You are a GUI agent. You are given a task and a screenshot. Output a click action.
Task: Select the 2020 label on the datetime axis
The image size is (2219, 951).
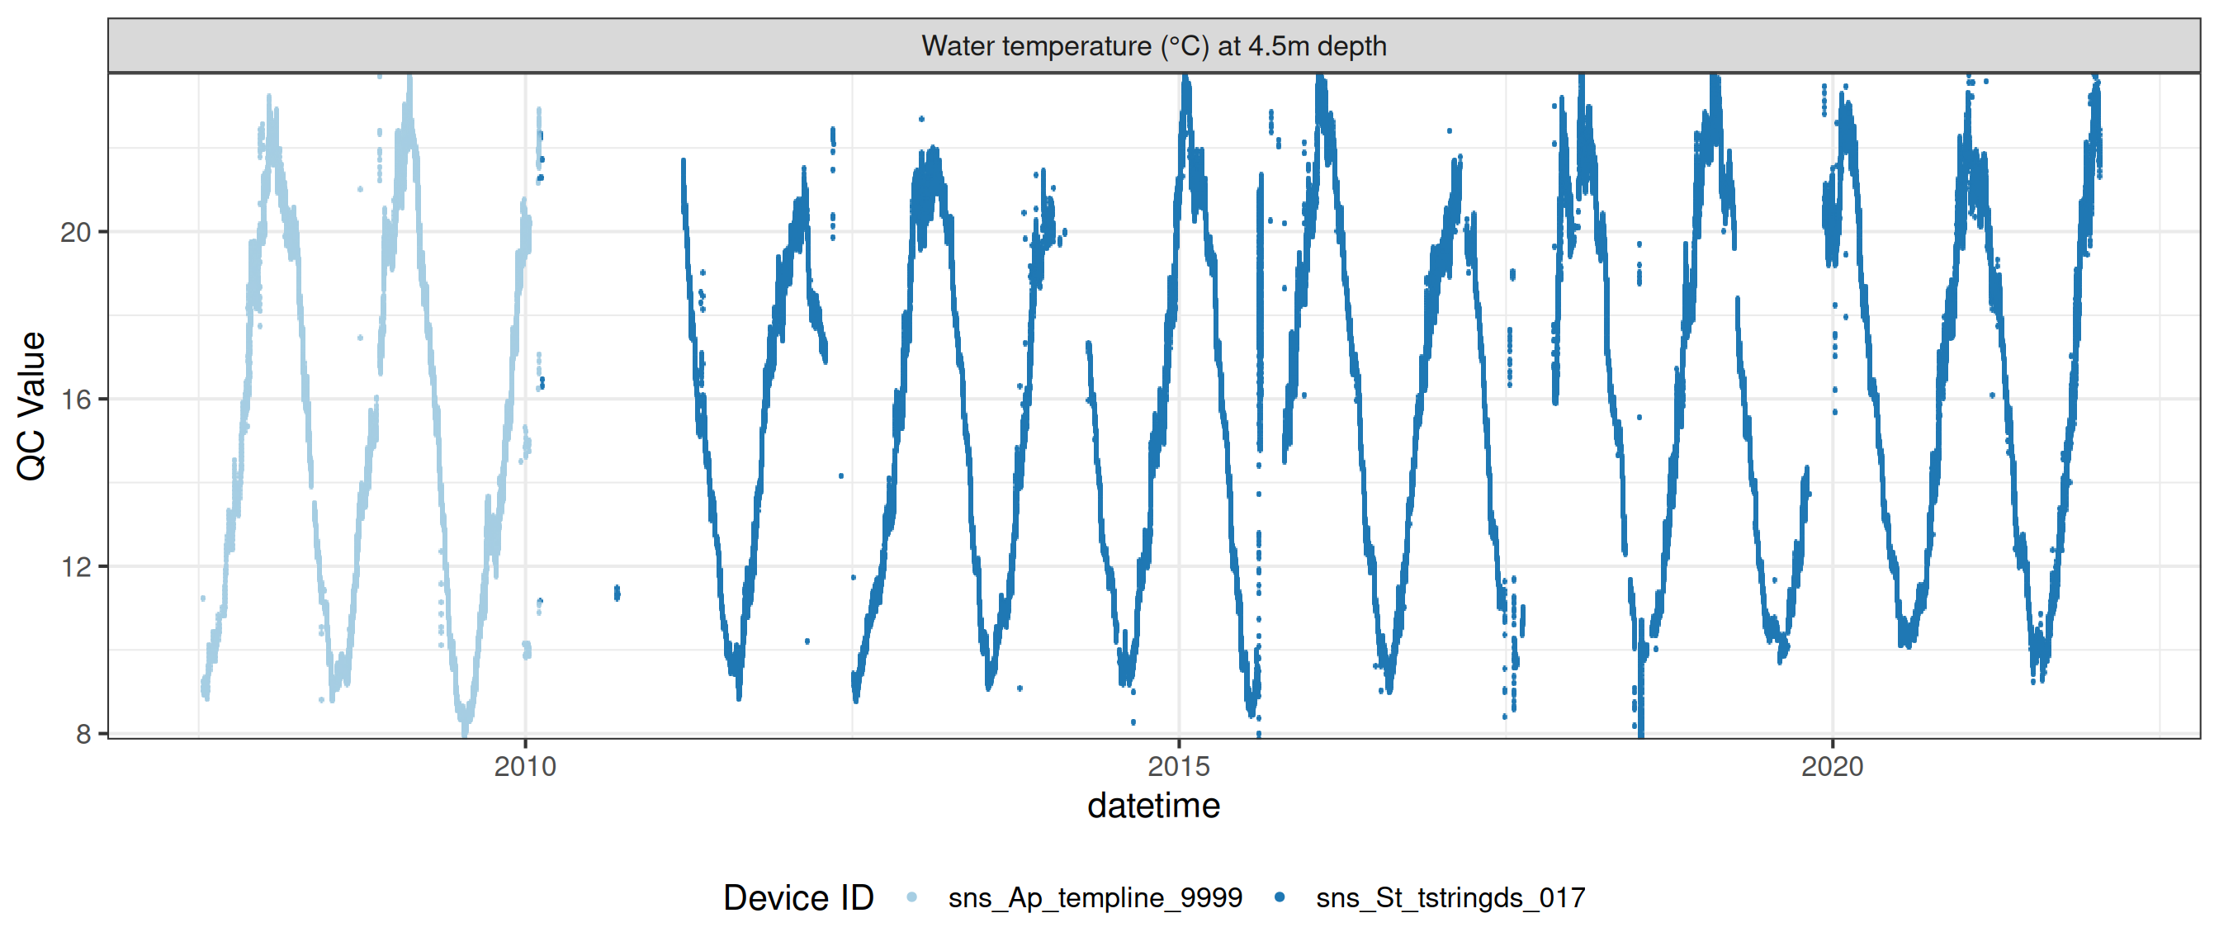point(1831,766)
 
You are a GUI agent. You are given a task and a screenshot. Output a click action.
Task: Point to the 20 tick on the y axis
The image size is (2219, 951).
point(76,233)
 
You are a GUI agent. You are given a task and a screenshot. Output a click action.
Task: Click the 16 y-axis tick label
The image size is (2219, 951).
point(76,400)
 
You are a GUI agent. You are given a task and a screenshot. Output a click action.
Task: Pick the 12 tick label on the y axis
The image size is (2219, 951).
point(76,567)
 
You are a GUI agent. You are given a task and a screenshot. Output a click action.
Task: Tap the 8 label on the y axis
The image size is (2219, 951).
point(83,734)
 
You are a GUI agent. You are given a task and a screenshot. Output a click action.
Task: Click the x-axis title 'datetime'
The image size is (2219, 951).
point(1153,807)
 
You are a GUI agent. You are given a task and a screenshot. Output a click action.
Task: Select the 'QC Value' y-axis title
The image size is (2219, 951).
point(32,405)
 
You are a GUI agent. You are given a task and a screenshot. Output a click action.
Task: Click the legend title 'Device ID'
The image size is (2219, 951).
point(797,898)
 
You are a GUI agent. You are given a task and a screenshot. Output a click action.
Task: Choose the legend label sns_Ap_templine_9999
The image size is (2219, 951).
point(1095,898)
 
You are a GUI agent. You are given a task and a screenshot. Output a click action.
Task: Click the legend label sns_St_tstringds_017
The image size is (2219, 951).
point(1450,898)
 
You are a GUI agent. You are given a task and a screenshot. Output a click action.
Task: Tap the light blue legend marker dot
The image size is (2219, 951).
point(912,897)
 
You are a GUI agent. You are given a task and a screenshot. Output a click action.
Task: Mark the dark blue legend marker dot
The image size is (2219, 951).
point(1280,897)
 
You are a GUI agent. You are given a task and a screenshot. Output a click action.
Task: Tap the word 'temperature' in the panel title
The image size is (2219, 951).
point(1076,45)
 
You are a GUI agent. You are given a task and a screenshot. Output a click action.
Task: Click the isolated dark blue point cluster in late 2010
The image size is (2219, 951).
point(617,593)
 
